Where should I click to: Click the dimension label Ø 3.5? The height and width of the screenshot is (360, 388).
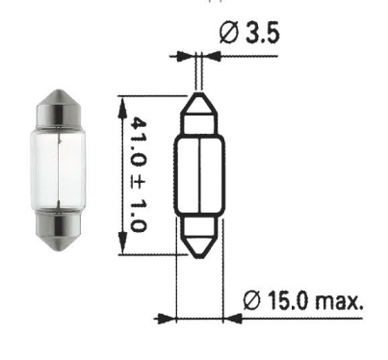point(249,33)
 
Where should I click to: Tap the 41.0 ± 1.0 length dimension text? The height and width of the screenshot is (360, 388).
point(139,174)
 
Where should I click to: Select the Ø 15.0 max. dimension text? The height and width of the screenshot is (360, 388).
point(303,300)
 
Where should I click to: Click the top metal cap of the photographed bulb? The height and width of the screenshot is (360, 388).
point(58,108)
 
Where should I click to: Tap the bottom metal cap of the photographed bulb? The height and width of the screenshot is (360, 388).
point(58,230)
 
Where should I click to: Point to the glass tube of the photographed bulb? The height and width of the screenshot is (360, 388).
point(58,168)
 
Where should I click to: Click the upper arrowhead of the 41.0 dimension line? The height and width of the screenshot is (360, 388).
point(121,108)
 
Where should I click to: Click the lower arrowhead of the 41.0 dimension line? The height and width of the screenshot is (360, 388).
point(121,243)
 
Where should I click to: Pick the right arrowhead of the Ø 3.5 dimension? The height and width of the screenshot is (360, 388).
point(212,56)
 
